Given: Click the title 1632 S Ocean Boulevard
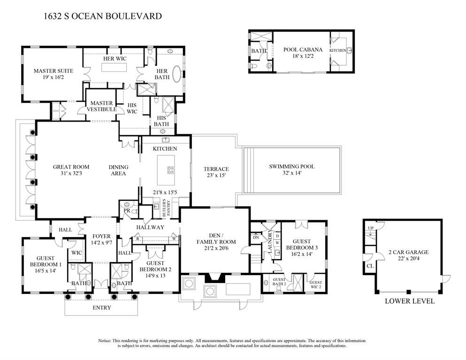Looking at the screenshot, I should [102, 16].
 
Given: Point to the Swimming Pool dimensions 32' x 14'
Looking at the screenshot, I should [291, 173].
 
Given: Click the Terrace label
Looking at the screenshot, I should [216, 169].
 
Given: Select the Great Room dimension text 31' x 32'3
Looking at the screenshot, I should [71, 174].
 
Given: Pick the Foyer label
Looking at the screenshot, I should [101, 237].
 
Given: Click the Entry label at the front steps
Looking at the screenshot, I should [102, 308].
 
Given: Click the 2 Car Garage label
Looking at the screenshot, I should [408, 252].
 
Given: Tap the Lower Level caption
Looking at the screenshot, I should [410, 301].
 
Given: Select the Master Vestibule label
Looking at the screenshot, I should [101, 106].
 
